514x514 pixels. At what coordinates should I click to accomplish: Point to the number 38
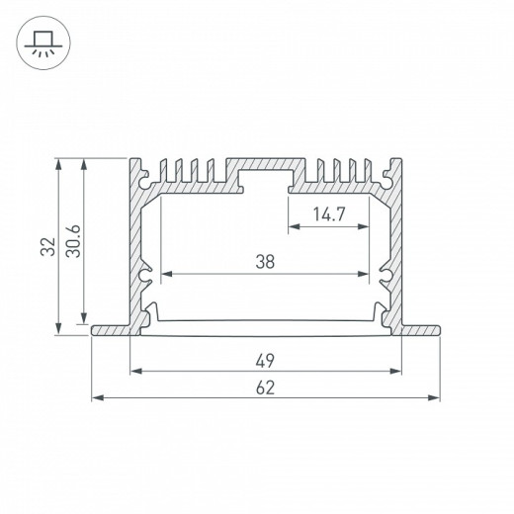coord(264,261)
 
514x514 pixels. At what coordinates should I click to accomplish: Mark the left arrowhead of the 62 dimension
coord(95,398)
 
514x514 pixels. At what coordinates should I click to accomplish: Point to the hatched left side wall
coord(135,247)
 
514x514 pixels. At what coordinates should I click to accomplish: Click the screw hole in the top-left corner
coord(150,182)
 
